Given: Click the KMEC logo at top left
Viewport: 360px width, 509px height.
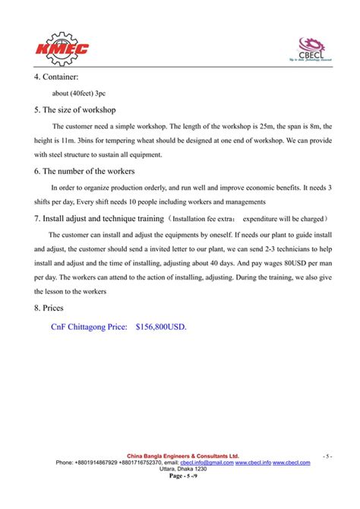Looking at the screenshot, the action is [62, 47].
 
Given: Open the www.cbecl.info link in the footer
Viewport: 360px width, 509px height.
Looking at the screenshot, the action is [253, 462].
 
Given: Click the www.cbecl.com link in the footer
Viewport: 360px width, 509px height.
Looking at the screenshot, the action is [292, 462].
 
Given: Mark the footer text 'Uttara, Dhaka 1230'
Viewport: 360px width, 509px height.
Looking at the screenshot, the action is [182, 469].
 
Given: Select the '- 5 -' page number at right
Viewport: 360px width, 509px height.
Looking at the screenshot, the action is [327, 456].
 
